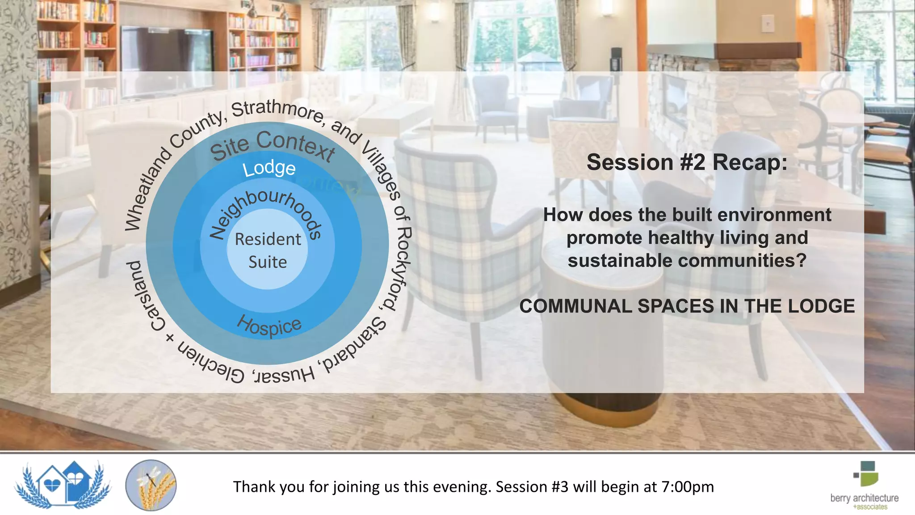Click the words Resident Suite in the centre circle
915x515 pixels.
(268, 250)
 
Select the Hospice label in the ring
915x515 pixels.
(269, 325)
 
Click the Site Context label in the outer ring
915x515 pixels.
(272, 145)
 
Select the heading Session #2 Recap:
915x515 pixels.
(687, 162)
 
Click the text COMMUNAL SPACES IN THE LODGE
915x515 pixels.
(687, 306)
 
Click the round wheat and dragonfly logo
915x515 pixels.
(151, 485)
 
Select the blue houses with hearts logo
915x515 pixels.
(63, 485)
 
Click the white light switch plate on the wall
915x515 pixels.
(768, 22)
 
